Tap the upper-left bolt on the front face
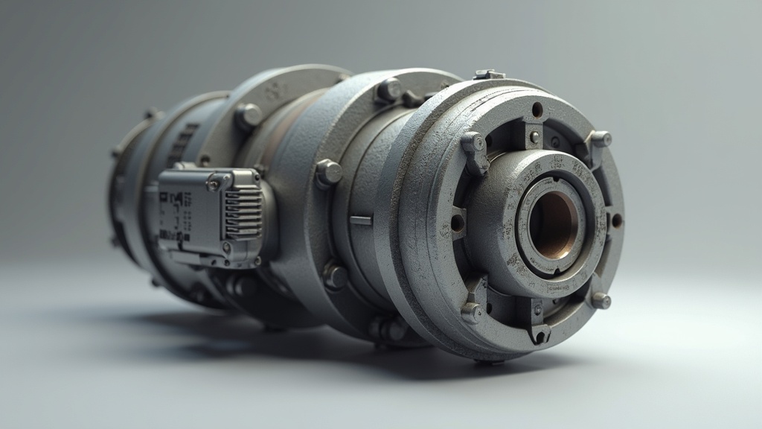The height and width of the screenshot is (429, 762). point(474,144)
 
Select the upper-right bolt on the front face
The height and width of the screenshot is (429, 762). point(599,139)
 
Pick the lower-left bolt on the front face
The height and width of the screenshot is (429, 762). point(471,311)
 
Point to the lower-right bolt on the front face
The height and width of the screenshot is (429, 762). point(600,300)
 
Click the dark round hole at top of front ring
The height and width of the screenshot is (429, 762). point(537,109)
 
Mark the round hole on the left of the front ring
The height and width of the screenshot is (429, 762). point(457,222)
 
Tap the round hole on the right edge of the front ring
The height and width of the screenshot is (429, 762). point(616,220)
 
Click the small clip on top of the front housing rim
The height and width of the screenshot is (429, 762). point(489,74)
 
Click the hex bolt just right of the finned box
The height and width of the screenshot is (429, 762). point(328,173)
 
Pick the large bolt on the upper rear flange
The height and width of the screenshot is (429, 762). point(249,115)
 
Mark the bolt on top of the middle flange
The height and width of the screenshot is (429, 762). point(388,91)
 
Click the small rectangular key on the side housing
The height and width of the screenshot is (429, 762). point(360,220)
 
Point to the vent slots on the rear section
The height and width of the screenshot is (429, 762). point(182,142)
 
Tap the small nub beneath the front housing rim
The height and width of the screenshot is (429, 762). point(487,362)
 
